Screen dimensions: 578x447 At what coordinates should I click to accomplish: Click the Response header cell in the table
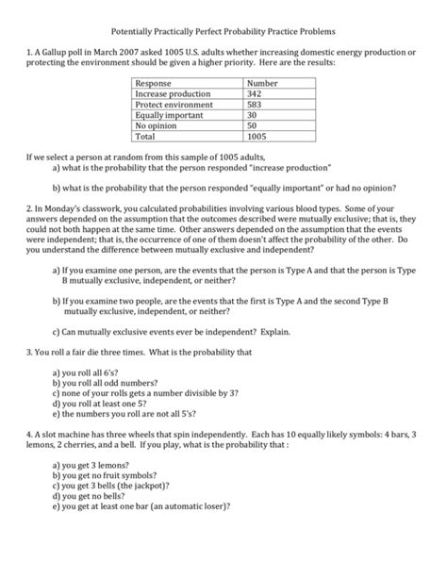click(x=157, y=84)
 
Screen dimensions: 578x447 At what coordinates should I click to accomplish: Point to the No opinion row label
click(x=157, y=125)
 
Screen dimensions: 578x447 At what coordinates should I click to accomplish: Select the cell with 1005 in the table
click(x=257, y=136)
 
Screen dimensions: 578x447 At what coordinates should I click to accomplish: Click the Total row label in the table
click(x=147, y=136)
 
